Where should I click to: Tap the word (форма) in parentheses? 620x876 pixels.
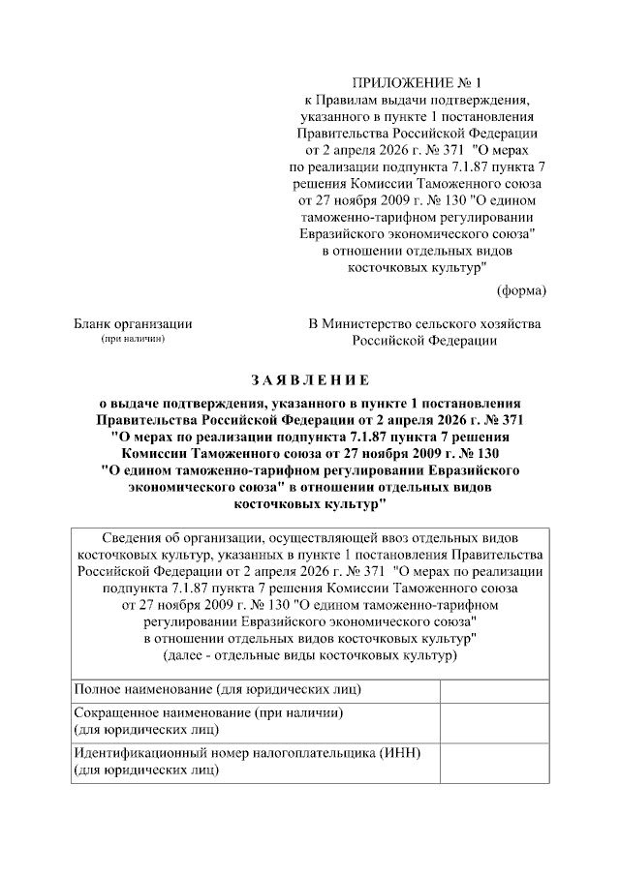tap(521, 290)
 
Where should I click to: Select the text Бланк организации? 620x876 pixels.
tap(133, 323)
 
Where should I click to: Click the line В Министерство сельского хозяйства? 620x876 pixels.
tap(424, 323)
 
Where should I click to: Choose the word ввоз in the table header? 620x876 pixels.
tap(387, 539)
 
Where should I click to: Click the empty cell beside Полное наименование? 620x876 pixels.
tap(494, 689)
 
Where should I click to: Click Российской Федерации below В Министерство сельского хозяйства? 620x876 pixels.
tap(424, 340)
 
